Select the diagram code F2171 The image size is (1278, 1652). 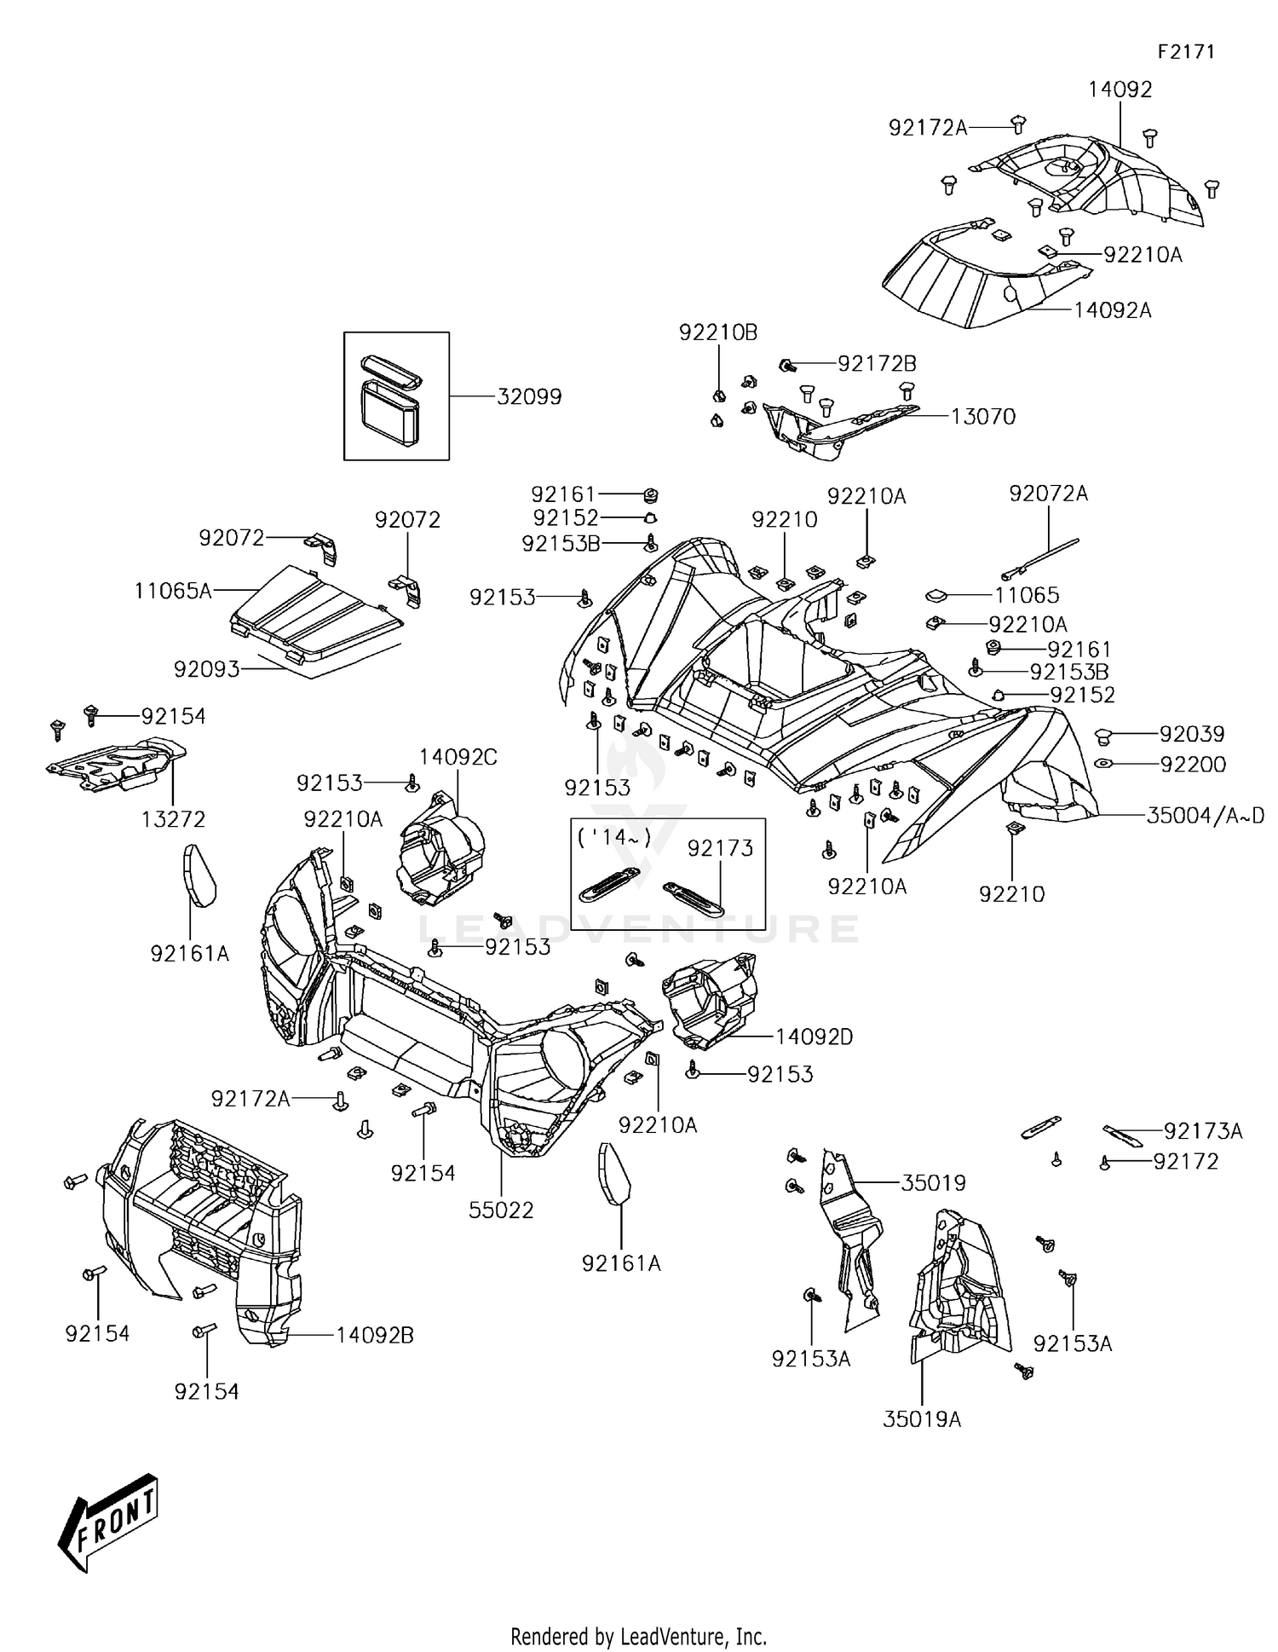1185,51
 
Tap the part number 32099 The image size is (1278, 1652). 529,396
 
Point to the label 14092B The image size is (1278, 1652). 374,1335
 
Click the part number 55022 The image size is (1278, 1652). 501,1210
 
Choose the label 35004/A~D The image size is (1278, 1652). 1205,816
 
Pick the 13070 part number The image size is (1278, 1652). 983,416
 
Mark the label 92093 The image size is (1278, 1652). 206,669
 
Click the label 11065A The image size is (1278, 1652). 173,590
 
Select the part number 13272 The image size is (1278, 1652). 174,819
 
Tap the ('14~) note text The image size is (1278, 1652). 614,837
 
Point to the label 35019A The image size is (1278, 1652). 922,1419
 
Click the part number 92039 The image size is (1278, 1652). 1192,734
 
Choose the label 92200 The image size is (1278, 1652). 1193,765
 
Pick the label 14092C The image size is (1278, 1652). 458,757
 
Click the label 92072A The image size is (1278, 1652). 1049,494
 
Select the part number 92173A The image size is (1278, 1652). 1203,1131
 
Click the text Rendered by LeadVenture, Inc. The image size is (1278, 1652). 638,1637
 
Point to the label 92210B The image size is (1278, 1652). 718,332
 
